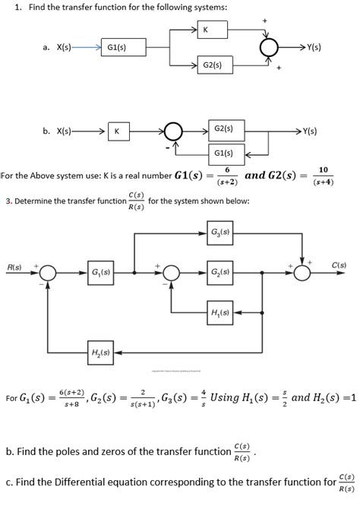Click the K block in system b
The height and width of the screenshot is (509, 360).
117,131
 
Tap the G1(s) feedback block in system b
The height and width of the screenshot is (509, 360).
224,153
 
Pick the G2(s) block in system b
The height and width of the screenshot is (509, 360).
224,130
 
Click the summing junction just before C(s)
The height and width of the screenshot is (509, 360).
302,272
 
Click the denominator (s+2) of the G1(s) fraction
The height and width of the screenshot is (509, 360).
226,183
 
